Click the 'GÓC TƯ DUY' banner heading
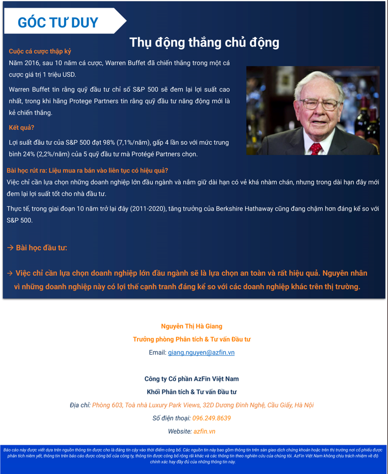[57, 23]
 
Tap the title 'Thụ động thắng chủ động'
[204, 43]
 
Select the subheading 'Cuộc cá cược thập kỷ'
[40, 51]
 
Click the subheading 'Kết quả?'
[22, 128]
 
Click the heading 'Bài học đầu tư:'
[41, 247]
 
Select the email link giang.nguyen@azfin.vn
[201, 352]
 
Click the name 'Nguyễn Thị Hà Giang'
[192, 326]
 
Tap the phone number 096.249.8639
[211, 418]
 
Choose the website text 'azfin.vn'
[204, 431]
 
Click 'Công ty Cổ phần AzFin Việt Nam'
[192, 379]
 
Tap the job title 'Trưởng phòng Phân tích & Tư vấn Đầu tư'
[192, 339]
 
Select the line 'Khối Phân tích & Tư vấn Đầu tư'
[192, 392]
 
